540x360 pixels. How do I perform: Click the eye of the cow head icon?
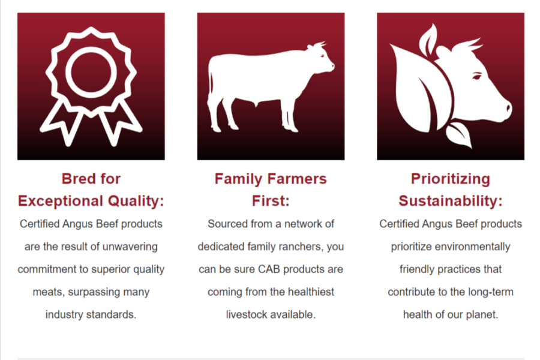[x=477, y=76]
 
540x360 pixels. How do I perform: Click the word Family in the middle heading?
[x=238, y=179]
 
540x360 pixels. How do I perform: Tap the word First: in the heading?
[x=271, y=201]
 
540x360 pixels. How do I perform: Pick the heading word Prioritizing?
[x=451, y=179]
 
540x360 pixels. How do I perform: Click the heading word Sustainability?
[x=451, y=201]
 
